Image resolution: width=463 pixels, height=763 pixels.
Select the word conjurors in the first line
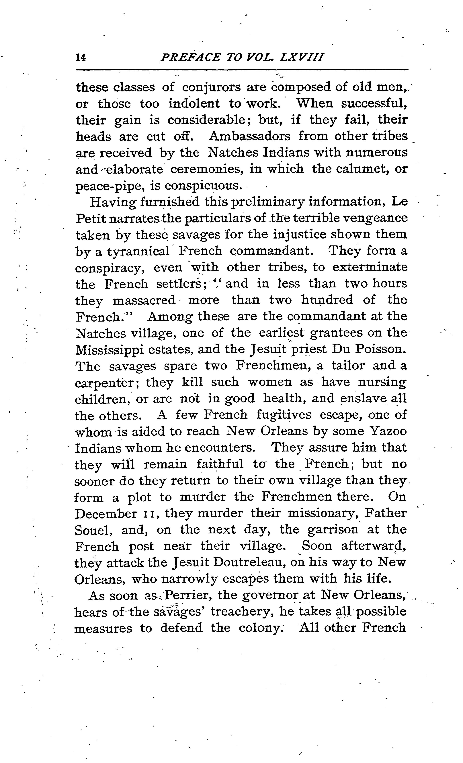coord(211,88)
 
